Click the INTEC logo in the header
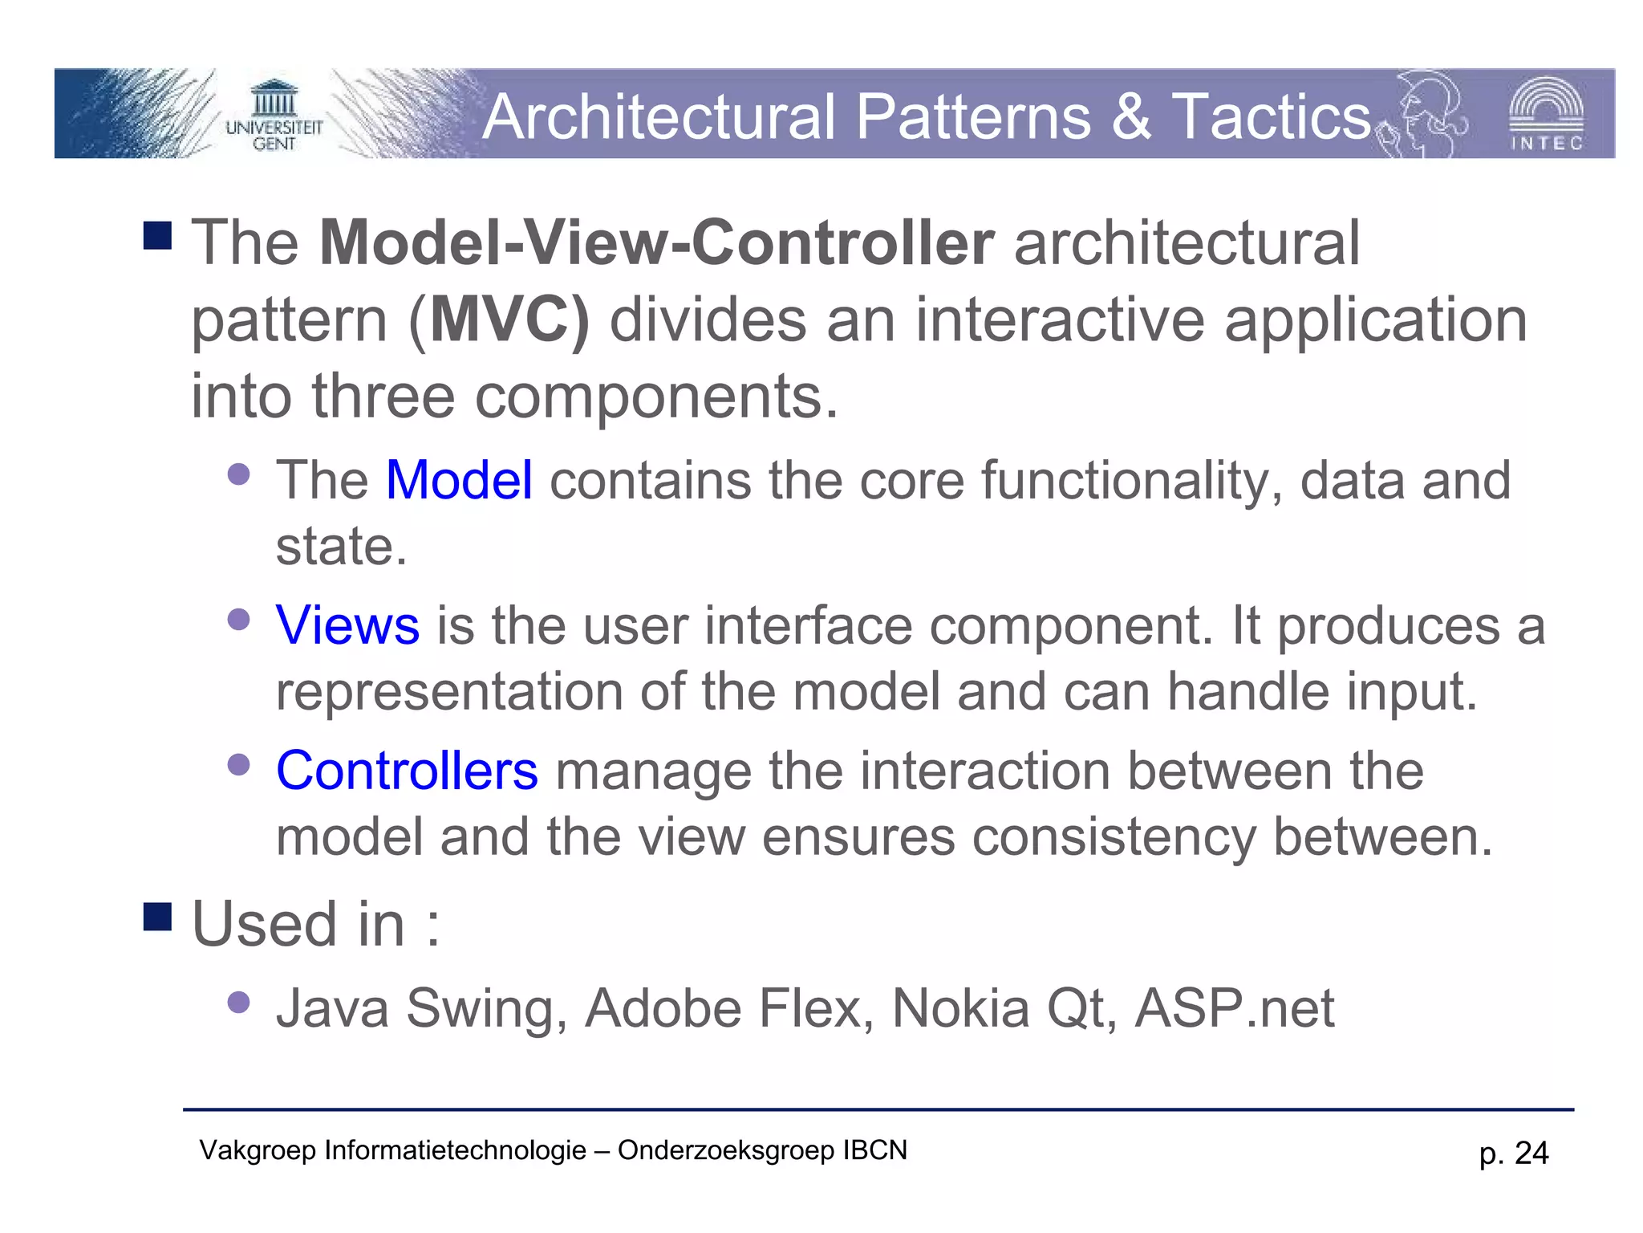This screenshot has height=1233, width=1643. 1546,115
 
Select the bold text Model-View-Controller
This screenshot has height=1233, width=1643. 656,242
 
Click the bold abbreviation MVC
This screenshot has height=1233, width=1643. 508,319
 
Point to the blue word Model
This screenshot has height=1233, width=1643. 459,480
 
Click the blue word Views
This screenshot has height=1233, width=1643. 347,625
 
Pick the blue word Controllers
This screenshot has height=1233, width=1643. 407,771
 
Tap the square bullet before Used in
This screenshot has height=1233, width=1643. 158,917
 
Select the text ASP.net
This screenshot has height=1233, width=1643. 1235,1008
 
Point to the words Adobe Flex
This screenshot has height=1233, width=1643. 728,1008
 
